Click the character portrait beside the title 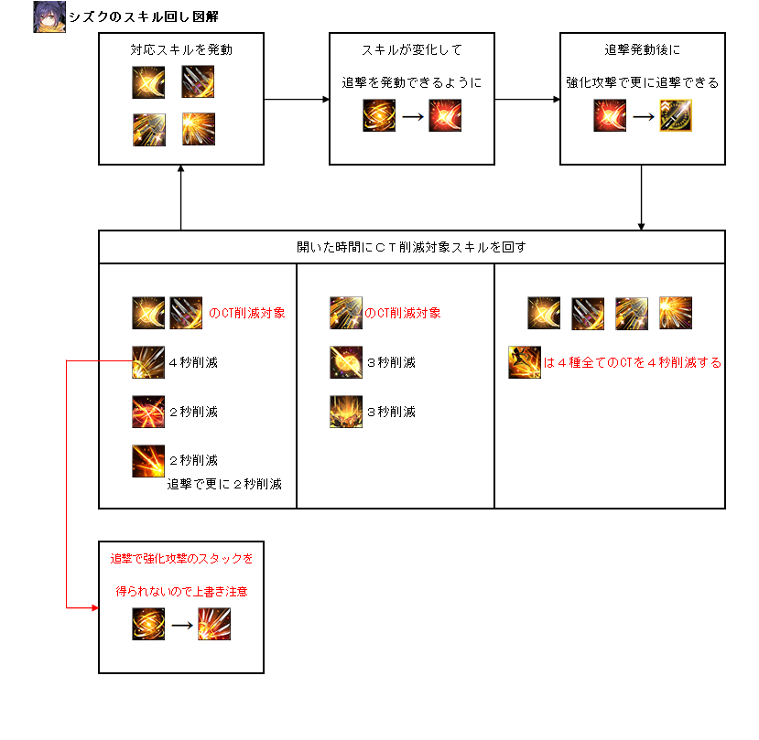(49, 17)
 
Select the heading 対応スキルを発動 (181, 49)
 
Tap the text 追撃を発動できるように (411, 82)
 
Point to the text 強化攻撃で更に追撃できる (642, 82)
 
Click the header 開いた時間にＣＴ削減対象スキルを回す (411, 247)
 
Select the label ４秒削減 (193, 363)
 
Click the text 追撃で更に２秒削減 (224, 485)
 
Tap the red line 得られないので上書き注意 (181, 592)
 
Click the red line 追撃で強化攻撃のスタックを (181, 558)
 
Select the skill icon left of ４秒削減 (147, 362)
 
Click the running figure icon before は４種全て (525, 363)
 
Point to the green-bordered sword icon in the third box (676, 116)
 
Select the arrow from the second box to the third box (527, 99)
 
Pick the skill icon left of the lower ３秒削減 (346, 412)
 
